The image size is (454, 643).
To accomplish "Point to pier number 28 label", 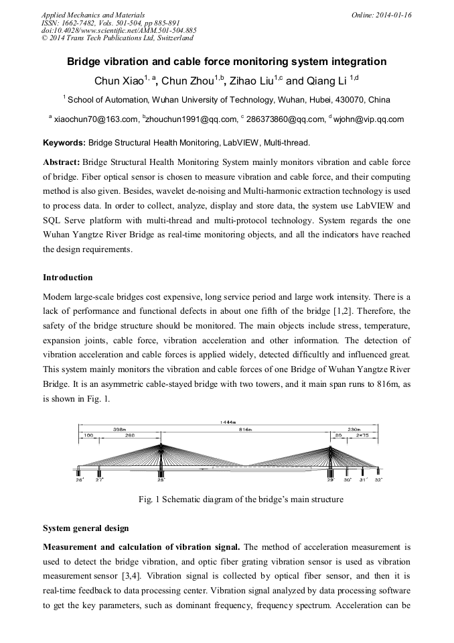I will click(x=161, y=480).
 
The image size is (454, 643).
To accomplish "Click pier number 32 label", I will click(x=378, y=480).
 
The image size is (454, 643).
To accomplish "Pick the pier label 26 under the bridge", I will click(x=79, y=480).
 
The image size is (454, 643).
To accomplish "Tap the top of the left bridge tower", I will click(x=161, y=443).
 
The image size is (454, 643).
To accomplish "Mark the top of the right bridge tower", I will click(x=330, y=447).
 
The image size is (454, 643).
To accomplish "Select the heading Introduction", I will click(x=68, y=278).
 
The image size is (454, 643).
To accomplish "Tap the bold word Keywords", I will click(x=64, y=143).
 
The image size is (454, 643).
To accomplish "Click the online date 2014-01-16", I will click(x=395, y=15).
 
